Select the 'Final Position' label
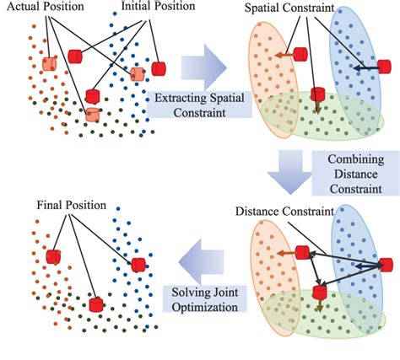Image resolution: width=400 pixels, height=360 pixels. point(70,205)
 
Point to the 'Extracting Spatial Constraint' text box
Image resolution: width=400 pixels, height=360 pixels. point(191,105)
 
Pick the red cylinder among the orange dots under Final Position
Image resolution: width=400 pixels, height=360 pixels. point(53,255)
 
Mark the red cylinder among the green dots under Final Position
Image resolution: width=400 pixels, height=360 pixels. point(97,303)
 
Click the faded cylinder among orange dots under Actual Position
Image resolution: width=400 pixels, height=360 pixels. point(50,63)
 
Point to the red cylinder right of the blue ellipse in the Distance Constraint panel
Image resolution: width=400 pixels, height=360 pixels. point(386,263)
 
